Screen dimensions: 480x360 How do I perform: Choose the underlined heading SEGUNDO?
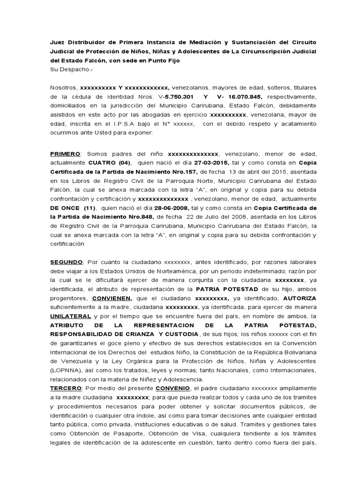(67, 261)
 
